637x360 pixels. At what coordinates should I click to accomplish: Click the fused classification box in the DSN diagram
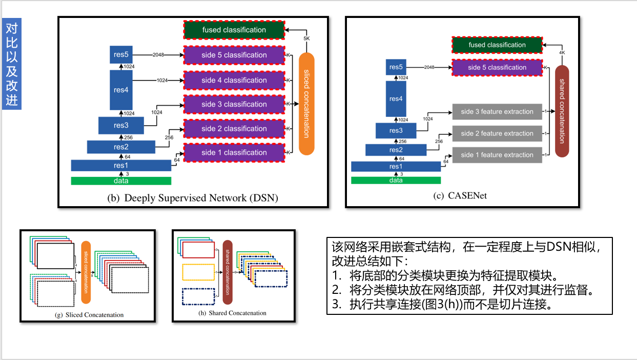pyautogui.click(x=234, y=30)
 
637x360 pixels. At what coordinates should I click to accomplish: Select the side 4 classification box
pyautogui.click(x=234, y=80)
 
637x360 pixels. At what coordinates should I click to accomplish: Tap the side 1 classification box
pyautogui.click(x=234, y=152)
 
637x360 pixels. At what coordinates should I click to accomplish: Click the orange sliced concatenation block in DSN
pyautogui.click(x=306, y=104)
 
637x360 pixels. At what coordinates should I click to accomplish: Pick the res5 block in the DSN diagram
pyautogui.click(x=121, y=54)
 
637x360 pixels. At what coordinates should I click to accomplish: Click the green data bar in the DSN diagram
pyautogui.click(x=121, y=181)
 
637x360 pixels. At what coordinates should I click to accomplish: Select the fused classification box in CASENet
pyautogui.click(x=497, y=45)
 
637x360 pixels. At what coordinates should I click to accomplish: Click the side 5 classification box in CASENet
pyautogui.click(x=497, y=68)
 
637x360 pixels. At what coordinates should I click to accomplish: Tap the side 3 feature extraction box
pyautogui.click(x=497, y=111)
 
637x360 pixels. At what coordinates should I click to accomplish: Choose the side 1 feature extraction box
pyautogui.click(x=497, y=155)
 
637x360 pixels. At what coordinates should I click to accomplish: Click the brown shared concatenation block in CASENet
pyautogui.click(x=562, y=111)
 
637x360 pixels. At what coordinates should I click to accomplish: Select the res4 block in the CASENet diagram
pyautogui.click(x=396, y=98)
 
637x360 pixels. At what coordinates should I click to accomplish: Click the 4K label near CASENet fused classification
pyautogui.click(x=562, y=52)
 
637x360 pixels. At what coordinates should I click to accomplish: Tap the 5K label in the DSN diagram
pyautogui.click(x=306, y=39)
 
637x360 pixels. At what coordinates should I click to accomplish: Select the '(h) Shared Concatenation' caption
pyautogui.click(x=232, y=313)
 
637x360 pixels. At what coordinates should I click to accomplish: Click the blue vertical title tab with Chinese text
pyautogui.click(x=12, y=64)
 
